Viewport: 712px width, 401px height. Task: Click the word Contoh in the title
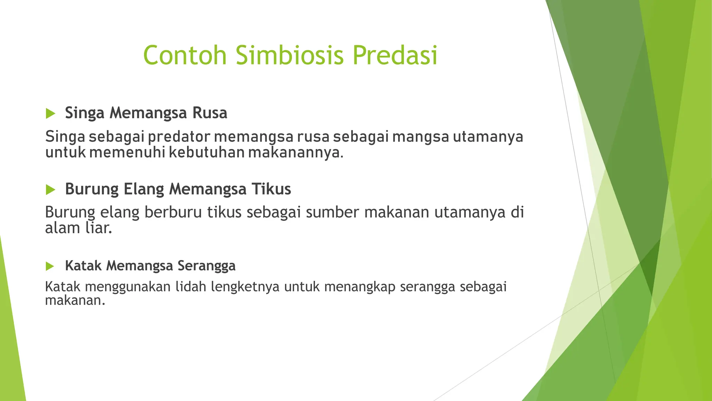tap(185, 55)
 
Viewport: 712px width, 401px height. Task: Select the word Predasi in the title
tap(395, 55)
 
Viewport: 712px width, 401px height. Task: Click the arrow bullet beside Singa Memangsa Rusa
tap(50, 113)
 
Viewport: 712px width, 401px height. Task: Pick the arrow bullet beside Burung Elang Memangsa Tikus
tap(50, 190)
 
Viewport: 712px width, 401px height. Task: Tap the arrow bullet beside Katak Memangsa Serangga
tap(50, 266)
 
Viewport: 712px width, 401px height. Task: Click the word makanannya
tap(296, 152)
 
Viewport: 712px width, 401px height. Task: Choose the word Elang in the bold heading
tap(144, 189)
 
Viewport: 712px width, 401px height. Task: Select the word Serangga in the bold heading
tap(207, 266)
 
